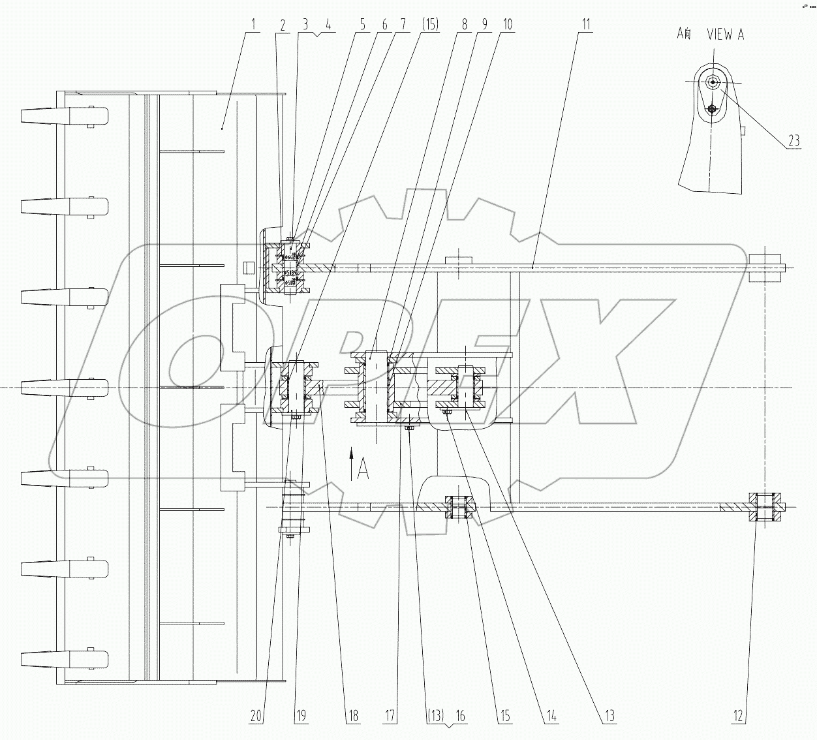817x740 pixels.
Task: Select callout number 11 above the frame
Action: coord(587,25)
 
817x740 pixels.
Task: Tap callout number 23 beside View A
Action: coord(794,140)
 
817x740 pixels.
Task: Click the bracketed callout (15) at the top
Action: coord(431,25)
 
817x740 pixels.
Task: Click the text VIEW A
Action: coord(725,35)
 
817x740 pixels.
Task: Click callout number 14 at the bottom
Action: coord(551,716)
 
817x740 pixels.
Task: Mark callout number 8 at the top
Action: coord(465,25)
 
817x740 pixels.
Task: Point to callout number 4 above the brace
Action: coord(328,25)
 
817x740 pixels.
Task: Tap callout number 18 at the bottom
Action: coord(353,716)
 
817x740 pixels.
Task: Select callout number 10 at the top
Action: coord(507,25)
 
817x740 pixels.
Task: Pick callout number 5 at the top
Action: coord(364,25)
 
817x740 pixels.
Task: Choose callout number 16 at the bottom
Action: coord(460,716)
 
